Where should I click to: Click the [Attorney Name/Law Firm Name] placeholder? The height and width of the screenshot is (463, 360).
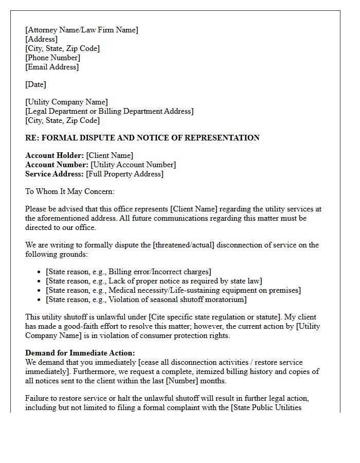point(82,30)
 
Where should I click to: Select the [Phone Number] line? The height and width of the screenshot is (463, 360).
point(53,58)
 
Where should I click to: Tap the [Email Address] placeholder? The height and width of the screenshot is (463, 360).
point(52,67)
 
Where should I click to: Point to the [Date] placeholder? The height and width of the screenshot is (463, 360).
point(35,84)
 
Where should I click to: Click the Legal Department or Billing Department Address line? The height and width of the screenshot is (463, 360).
point(110,111)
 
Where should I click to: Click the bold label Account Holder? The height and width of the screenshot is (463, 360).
point(55,155)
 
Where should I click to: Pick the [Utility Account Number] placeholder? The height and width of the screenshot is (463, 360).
point(133,165)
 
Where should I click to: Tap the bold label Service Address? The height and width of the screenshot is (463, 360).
point(55,174)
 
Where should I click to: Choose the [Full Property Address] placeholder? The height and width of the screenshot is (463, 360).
point(124,174)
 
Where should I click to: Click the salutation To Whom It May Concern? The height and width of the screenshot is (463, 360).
point(70,191)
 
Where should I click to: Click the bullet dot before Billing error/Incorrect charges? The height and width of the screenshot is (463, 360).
point(40,272)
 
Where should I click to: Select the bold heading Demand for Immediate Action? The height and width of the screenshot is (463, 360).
point(80,353)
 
